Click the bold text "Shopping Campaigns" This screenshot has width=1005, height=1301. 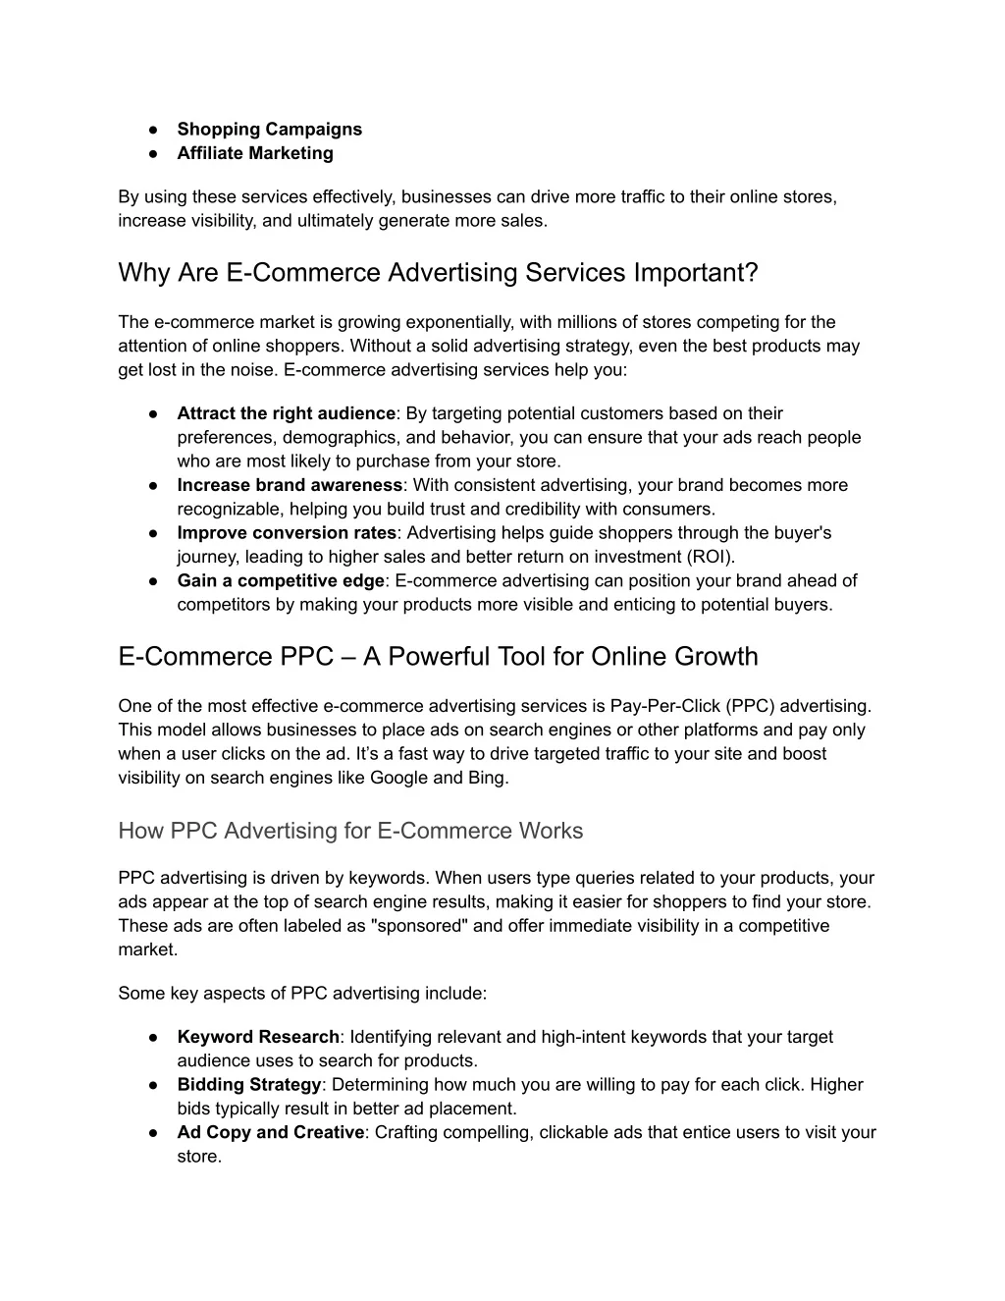click(x=269, y=130)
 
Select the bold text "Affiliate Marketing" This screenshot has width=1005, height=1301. click(x=255, y=153)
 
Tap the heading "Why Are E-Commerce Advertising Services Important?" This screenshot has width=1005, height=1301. click(x=438, y=272)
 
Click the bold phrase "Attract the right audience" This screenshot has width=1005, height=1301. click(x=286, y=413)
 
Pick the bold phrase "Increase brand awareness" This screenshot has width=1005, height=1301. click(x=290, y=485)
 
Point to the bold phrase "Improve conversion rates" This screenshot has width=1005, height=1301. click(x=287, y=533)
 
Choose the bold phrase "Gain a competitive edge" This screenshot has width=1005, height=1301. click(x=281, y=581)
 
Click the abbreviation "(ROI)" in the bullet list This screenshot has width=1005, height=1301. click(x=708, y=557)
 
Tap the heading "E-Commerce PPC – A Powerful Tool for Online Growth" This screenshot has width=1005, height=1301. click(x=438, y=656)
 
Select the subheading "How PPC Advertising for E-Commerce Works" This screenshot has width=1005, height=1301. click(x=350, y=831)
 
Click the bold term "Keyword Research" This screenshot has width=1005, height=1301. click(x=258, y=1037)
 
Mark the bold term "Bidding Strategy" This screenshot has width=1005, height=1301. click(x=249, y=1085)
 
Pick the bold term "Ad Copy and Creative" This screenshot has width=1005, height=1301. click(x=270, y=1132)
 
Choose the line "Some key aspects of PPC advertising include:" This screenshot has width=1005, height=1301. click(x=302, y=993)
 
